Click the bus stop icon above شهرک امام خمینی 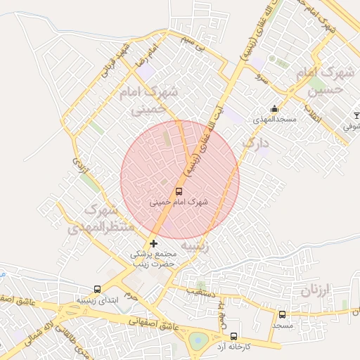178,191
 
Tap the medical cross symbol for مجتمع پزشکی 154,243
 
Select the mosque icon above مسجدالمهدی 274,109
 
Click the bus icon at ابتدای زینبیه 97,289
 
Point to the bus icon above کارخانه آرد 233,336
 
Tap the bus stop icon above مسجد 282,314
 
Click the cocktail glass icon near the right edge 356,115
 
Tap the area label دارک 255,143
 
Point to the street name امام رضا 150,53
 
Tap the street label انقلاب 309,112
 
